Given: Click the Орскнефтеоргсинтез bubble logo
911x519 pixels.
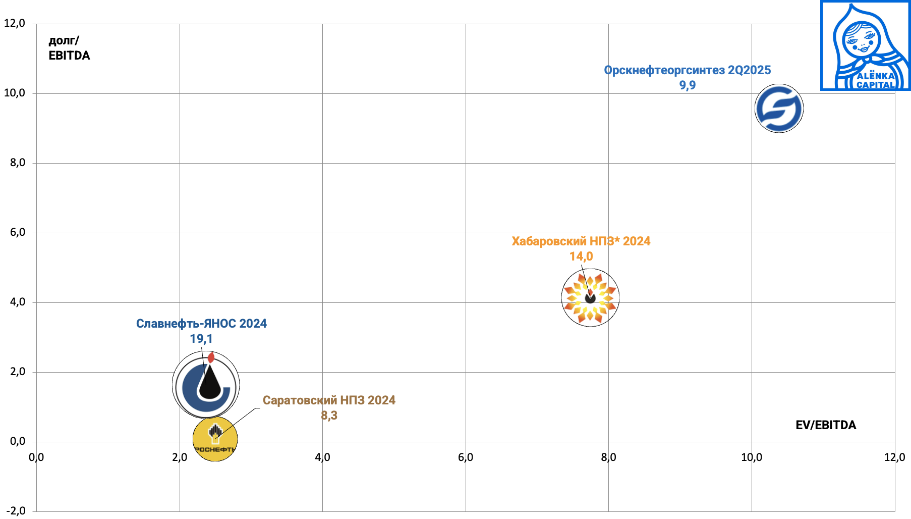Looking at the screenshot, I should (x=779, y=109).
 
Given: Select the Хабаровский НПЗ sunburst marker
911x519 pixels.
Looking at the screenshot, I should (x=590, y=298).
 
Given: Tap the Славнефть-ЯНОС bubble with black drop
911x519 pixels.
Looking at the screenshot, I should (x=206, y=386).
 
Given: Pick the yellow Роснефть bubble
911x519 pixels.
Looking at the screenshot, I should (x=215, y=438).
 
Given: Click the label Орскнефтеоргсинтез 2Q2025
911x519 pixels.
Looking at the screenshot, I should (x=687, y=70).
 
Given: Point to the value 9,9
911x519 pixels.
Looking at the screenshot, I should (x=687, y=85).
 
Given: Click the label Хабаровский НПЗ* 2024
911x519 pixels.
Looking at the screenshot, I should (x=581, y=241).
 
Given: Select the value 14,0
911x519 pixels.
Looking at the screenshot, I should (x=581, y=256).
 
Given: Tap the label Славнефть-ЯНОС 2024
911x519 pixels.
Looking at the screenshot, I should (x=201, y=324).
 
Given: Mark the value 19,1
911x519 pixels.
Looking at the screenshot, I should (x=201, y=339).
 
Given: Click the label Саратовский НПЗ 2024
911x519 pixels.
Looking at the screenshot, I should (x=329, y=400).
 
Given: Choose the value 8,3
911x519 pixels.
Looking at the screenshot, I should (x=329, y=416).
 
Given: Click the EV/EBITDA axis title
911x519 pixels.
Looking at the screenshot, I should (x=826, y=425).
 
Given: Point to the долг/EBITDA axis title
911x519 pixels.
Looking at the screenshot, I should (x=69, y=48).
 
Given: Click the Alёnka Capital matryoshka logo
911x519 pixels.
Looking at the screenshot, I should (x=865, y=45).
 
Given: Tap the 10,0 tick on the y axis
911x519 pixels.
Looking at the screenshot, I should (x=15, y=93).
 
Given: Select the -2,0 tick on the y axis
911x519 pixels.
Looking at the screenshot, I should (x=15, y=511).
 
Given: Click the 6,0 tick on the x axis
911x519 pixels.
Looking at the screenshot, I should (x=466, y=457).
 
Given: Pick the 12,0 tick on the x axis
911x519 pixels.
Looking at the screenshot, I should (x=894, y=457).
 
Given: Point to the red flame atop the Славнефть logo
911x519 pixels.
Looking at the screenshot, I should (x=211, y=357).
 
